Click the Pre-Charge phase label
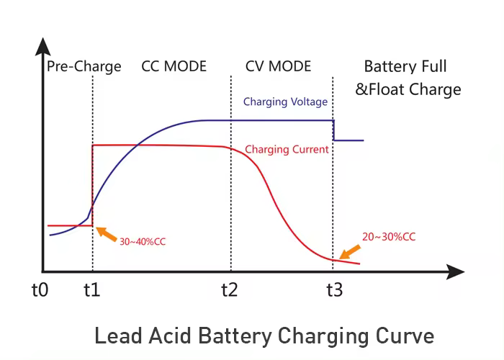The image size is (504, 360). coord(84,67)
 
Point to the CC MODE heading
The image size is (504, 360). coord(174,67)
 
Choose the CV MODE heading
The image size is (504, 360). coord(278,67)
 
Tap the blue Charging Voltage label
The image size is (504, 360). coord(285,102)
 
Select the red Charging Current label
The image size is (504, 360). coord(287,150)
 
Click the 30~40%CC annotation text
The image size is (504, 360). coord(143,241)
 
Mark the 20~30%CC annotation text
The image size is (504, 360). coord(392,236)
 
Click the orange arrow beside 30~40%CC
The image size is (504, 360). coord(106,233)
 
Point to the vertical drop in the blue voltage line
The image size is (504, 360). coord(333,130)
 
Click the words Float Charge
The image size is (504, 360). coord(418,90)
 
